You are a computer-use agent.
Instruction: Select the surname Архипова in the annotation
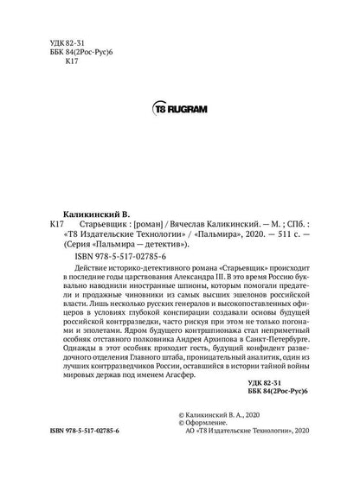tap(202, 362)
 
